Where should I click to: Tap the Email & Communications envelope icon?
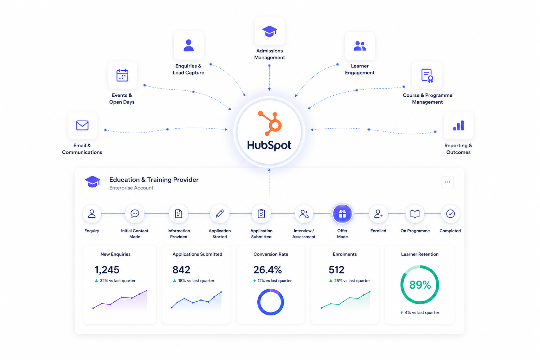click(x=82, y=126)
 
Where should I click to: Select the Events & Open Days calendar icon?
click(x=122, y=75)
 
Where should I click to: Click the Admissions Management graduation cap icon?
click(x=270, y=31)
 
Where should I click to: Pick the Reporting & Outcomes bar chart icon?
click(x=458, y=126)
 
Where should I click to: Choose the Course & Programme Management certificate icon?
click(x=427, y=76)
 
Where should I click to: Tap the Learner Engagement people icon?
click(x=360, y=46)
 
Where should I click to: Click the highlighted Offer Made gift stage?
click(x=342, y=214)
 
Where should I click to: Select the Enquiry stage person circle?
click(x=92, y=214)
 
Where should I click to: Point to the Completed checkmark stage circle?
click(x=450, y=214)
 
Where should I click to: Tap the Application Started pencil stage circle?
click(x=220, y=214)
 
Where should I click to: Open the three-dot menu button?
click(x=448, y=182)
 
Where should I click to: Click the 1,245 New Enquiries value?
click(x=107, y=270)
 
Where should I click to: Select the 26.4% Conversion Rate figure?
click(x=267, y=270)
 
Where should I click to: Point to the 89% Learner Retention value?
click(x=420, y=285)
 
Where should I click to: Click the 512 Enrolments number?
click(x=336, y=270)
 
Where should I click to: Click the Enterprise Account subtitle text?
click(x=131, y=188)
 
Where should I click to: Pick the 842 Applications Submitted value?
click(x=181, y=270)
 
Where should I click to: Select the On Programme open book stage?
click(x=415, y=214)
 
